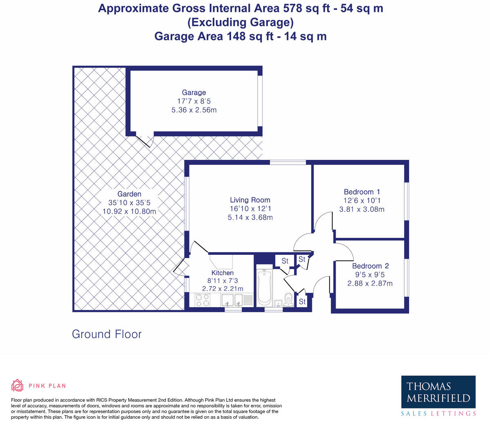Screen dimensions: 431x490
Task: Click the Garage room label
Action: point(194,92)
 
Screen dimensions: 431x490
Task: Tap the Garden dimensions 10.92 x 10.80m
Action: point(129,212)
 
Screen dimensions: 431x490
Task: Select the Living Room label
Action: point(250,200)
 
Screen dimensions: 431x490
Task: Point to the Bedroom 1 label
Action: point(362,192)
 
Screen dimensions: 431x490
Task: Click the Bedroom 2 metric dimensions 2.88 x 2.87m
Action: point(370,283)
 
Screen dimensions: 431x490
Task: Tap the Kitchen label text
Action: point(223,273)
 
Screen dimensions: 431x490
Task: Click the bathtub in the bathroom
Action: point(264,287)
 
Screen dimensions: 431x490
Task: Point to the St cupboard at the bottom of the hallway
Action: point(302,302)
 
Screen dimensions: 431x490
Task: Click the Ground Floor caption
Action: point(107,334)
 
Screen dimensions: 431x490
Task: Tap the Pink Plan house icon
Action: point(17,385)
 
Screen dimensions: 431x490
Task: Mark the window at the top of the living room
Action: point(288,163)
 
